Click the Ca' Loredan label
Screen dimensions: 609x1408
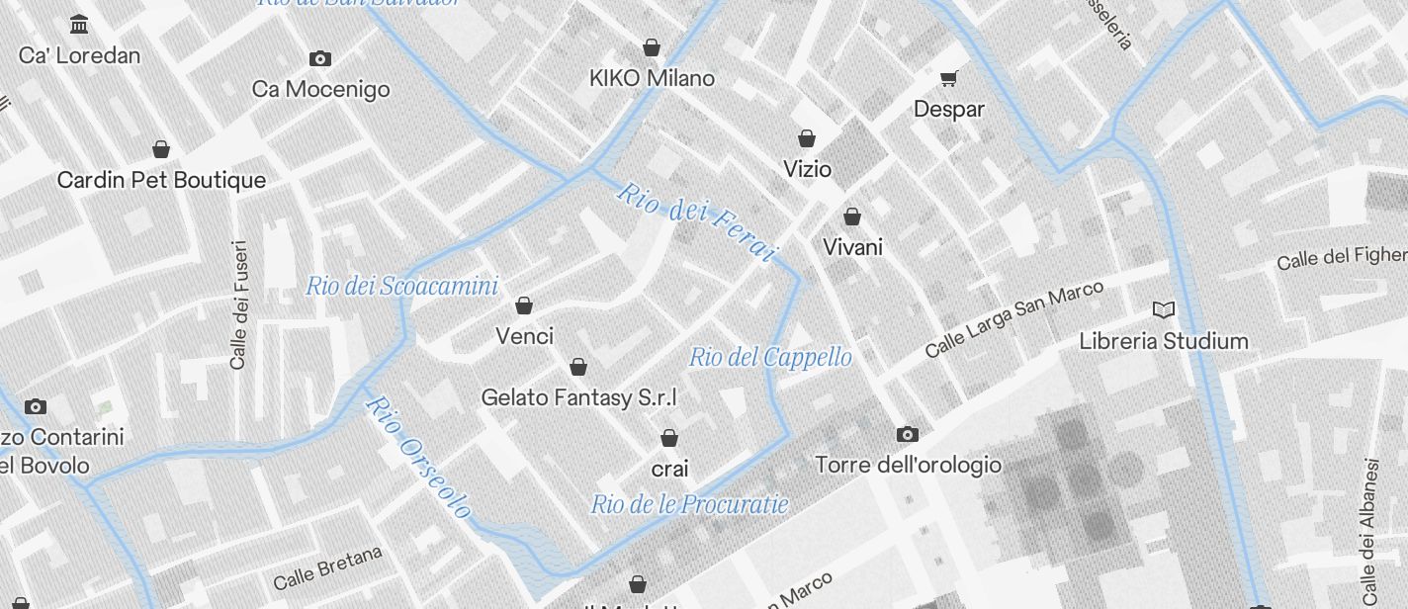(79, 55)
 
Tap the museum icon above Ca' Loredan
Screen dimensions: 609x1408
(79, 24)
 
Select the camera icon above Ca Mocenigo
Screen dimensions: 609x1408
(320, 58)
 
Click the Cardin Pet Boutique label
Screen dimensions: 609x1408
(161, 180)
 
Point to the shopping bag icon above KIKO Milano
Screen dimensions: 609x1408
(652, 46)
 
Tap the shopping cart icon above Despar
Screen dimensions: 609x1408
(949, 77)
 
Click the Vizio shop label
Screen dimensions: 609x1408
(807, 169)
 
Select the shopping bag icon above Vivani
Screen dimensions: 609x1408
(852, 216)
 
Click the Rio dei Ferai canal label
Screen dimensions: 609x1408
(694, 221)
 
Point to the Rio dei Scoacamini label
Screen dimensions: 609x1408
(401, 287)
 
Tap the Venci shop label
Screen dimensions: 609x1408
(524, 336)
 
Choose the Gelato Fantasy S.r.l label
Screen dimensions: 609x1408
(578, 397)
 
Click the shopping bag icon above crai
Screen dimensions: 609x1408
(669, 437)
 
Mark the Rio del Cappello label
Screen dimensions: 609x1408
(770, 357)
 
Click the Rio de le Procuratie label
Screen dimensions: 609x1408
(689, 504)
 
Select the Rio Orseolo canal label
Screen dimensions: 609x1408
(418, 457)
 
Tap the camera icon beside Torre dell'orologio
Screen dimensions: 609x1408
(907, 434)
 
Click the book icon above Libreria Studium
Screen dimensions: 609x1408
(1164, 310)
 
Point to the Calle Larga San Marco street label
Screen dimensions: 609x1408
(1013, 319)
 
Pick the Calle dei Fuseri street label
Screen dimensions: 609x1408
(238, 304)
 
